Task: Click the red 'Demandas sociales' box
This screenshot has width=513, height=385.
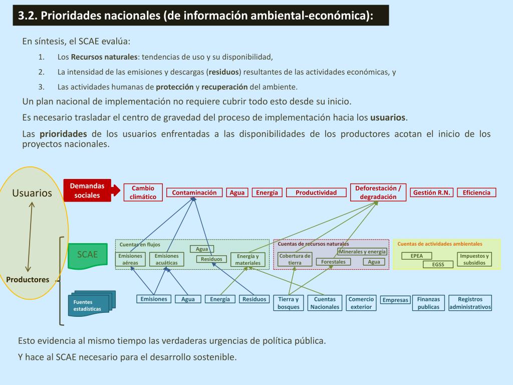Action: [87, 190]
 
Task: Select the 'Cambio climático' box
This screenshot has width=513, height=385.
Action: [143, 192]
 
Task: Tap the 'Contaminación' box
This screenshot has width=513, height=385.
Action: [194, 192]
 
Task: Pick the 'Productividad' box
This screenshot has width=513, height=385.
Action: [316, 192]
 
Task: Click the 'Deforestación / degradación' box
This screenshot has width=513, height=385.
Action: [378, 192]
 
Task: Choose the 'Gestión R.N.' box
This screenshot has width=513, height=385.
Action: [431, 192]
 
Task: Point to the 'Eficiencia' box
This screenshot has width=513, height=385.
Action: [476, 192]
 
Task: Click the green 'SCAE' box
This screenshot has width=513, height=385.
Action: [87, 254]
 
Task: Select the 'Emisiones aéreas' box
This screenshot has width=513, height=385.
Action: [130, 259]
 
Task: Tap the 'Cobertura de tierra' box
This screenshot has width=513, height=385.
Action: [295, 259]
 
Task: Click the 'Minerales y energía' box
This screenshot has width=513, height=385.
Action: [362, 252]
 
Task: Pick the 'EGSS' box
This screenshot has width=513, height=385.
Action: [438, 264]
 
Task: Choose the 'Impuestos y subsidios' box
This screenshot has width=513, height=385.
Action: [474, 259]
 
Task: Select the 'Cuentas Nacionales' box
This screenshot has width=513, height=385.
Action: [325, 303]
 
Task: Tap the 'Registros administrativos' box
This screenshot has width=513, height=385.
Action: [470, 303]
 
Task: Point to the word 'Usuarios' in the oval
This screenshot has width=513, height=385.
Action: [32, 193]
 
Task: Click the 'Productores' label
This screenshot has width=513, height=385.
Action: [28, 280]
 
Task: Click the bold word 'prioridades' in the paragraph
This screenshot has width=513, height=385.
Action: [63, 134]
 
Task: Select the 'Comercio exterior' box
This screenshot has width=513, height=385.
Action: [361, 303]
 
